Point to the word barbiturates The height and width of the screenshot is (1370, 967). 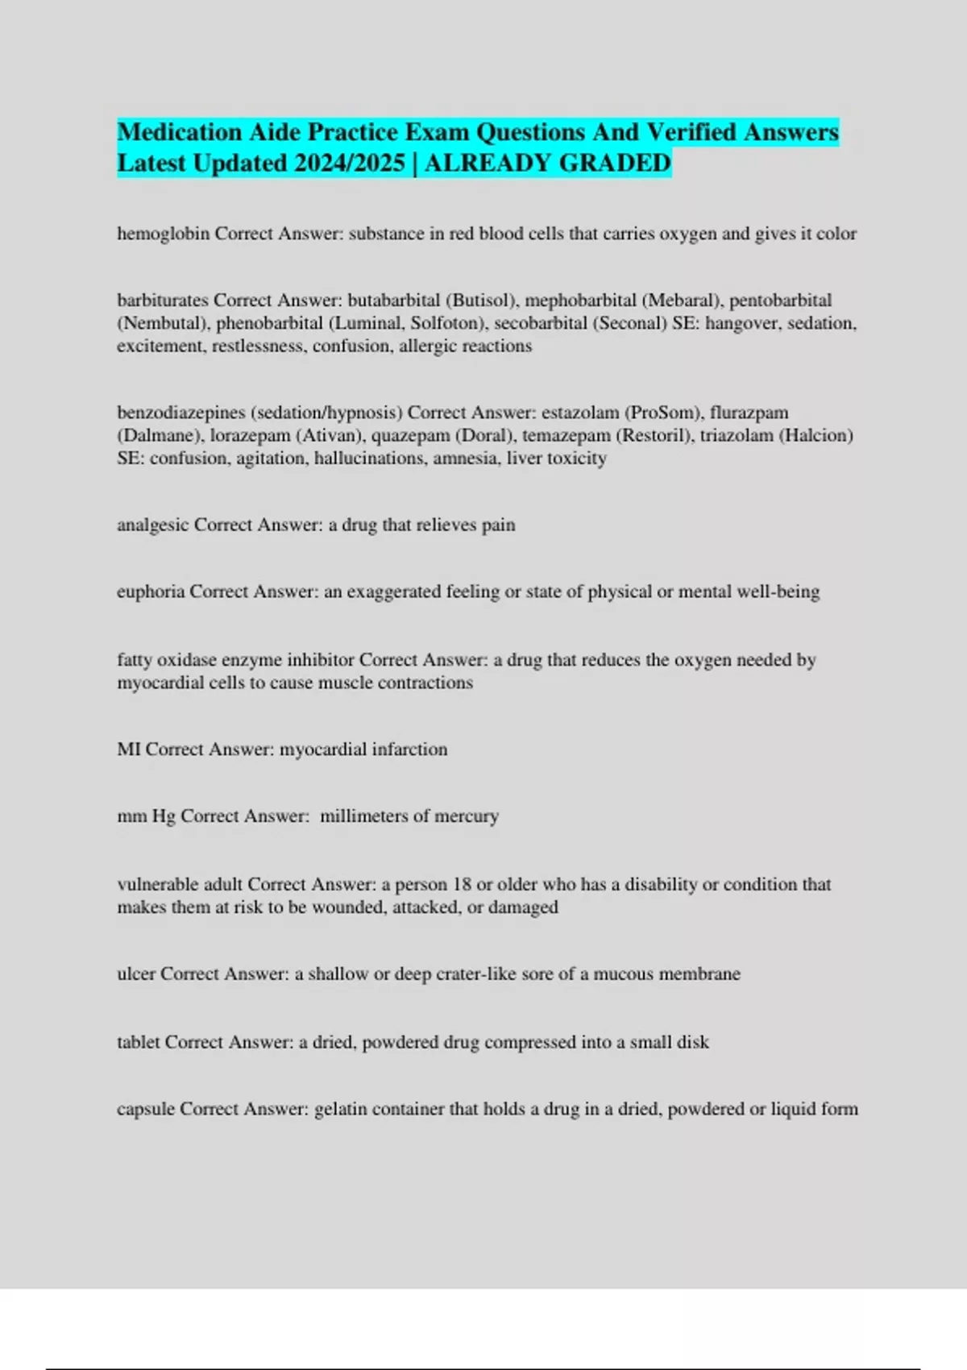point(163,301)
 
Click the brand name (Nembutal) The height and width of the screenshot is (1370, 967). point(164,323)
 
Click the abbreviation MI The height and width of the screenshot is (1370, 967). point(129,749)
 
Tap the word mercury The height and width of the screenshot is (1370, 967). point(467,816)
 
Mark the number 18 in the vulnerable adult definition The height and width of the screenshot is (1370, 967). point(462,884)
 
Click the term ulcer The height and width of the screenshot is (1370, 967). point(136,974)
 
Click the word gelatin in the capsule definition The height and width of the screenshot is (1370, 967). point(339,1109)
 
